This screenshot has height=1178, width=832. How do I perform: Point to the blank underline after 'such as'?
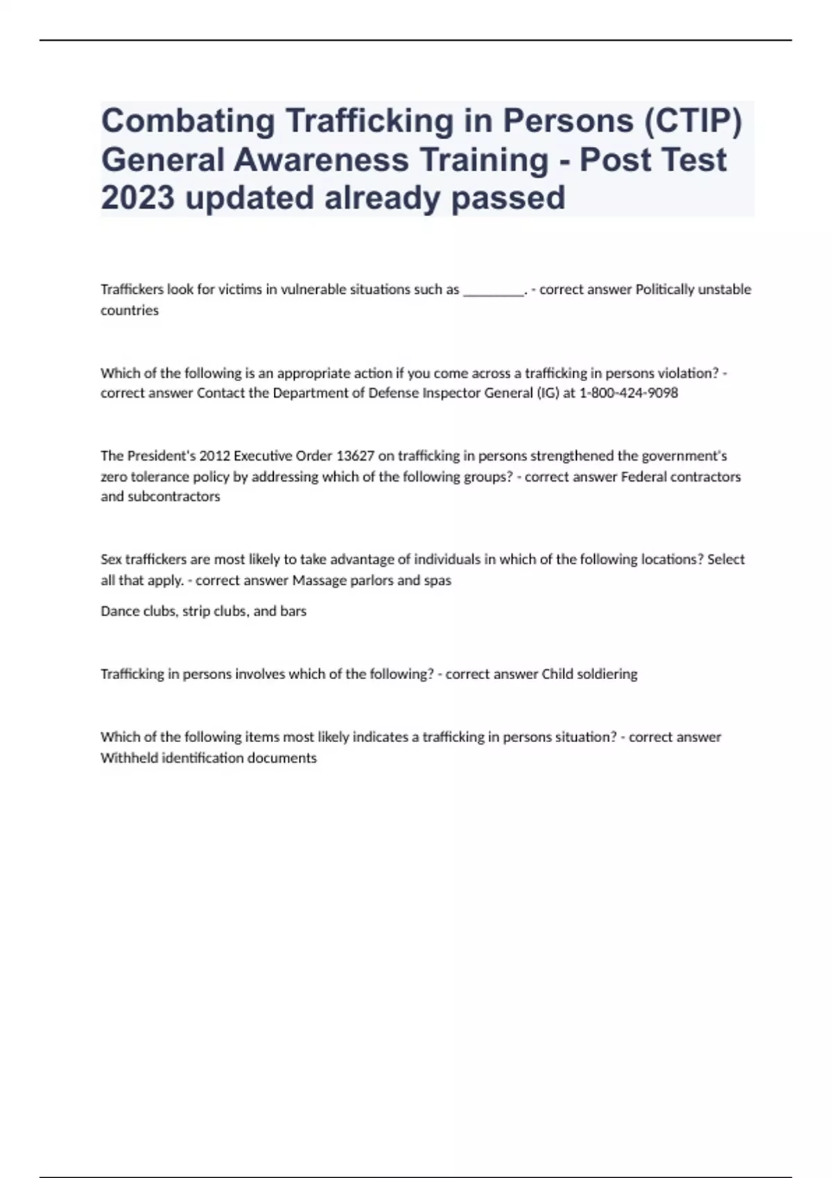[493, 290]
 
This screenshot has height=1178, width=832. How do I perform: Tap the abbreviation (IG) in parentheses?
[547, 393]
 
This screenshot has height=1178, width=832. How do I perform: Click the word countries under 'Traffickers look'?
[130, 310]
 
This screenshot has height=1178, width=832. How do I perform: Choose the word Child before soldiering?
[557, 674]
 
